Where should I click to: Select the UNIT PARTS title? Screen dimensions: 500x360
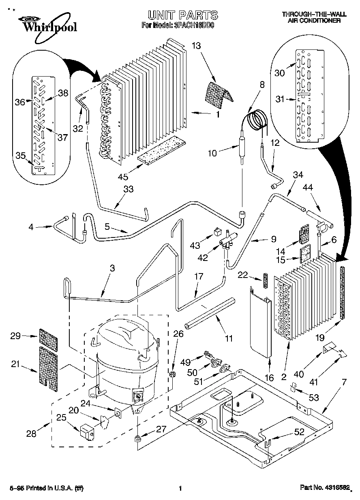tap(182, 15)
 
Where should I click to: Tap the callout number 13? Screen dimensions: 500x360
tap(196, 46)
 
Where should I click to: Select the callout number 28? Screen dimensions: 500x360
tap(31, 434)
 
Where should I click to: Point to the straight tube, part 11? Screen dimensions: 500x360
tap(210, 313)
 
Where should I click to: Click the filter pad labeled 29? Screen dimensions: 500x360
tap(48, 336)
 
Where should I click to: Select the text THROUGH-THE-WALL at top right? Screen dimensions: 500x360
tap(314, 15)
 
